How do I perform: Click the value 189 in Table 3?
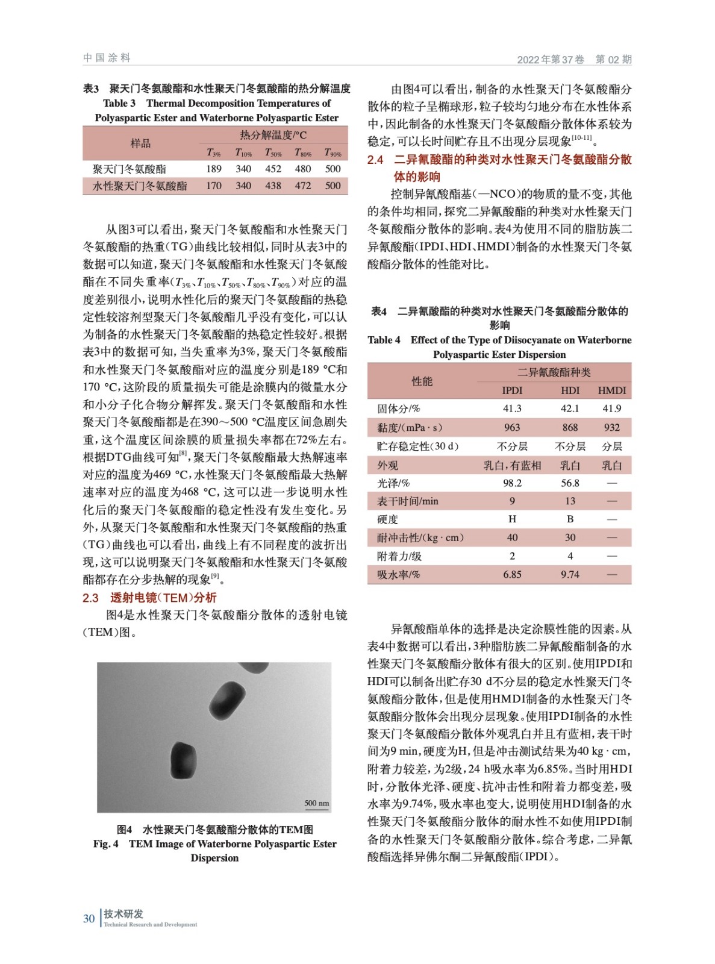tap(214, 169)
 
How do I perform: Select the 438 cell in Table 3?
tap(273, 186)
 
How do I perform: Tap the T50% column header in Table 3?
tap(273, 153)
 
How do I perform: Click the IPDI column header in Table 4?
tap(512, 390)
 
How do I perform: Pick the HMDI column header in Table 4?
tap(611, 390)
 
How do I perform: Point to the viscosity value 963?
tap(512, 427)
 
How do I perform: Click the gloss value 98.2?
tap(512, 483)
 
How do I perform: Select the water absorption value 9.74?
tap(570, 575)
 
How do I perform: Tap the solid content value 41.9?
tap(611, 408)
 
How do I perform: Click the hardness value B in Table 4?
tap(570, 519)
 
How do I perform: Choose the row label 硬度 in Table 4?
tap(387, 519)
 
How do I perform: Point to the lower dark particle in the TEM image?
tap(184, 760)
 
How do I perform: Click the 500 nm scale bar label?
tap(317, 803)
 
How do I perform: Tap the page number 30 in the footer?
tap(89, 919)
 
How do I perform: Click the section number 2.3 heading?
tap(91, 598)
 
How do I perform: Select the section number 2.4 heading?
tap(375, 160)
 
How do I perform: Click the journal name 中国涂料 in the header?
tap(107, 58)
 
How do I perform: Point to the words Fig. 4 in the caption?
tap(106, 844)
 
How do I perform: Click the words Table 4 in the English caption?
tap(384, 340)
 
